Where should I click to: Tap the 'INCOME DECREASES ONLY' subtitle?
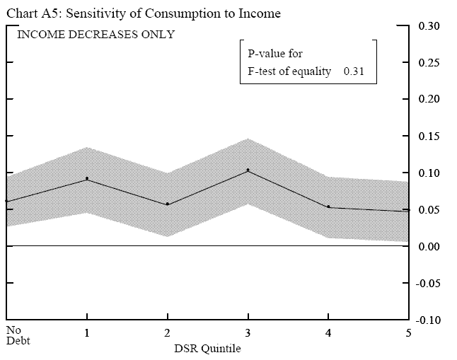tap(96, 34)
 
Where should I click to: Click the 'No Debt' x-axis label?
tap(14, 335)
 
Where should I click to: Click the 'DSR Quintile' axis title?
tap(207, 349)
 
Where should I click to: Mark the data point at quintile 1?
tap(87, 179)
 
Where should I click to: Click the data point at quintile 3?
tap(248, 170)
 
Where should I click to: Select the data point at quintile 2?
tap(168, 204)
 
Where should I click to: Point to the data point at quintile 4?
tap(329, 207)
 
